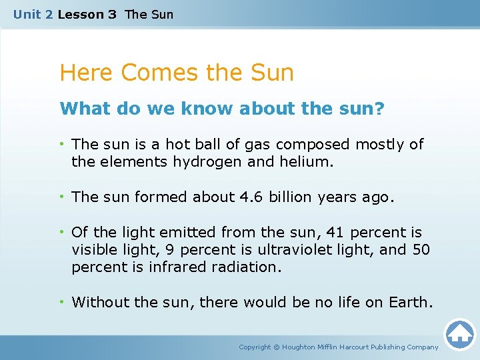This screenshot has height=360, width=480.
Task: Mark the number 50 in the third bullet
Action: pyautogui.click(x=421, y=249)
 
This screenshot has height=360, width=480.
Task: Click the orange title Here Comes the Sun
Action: pyautogui.click(x=177, y=72)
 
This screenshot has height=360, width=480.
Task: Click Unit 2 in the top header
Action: pyautogui.click(x=33, y=14)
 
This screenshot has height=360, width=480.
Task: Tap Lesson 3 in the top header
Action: pyautogui.click(x=87, y=14)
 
